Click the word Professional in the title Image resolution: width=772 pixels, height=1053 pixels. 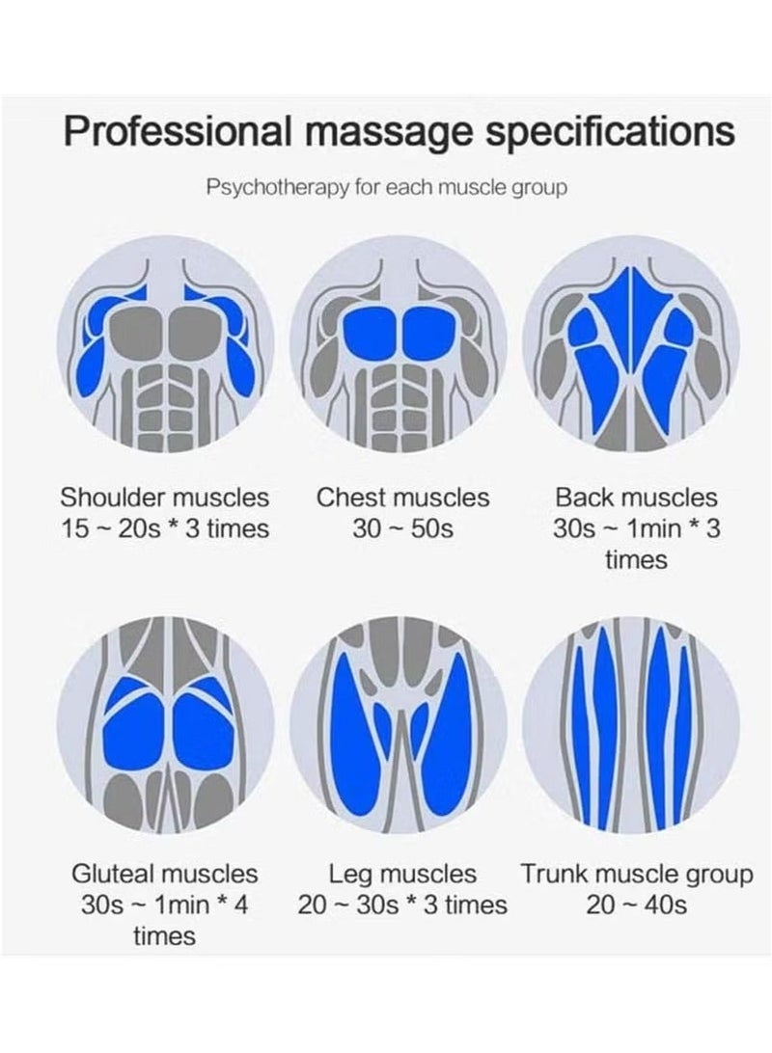pos(179,131)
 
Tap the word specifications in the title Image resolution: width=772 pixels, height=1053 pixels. pos(610,132)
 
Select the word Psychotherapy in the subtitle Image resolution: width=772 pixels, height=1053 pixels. pos(278,187)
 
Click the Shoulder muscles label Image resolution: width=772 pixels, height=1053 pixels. pos(165,498)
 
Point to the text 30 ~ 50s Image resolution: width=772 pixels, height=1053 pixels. pos(402,528)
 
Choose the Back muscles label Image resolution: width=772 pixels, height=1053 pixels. pos(636,498)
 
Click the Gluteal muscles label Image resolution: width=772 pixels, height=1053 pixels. pos(165,874)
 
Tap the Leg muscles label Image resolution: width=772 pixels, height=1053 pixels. pos(402,874)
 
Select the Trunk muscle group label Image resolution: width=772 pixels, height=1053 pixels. pos(636,875)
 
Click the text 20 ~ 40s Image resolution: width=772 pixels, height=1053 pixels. pos(636,904)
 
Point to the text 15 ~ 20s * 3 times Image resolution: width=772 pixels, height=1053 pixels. pos(165,528)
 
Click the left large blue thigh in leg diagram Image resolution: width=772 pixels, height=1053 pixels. pos(356,732)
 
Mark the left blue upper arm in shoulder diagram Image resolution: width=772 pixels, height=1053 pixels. pos(94,366)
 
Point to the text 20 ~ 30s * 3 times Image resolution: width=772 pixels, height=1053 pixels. pos(402,904)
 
